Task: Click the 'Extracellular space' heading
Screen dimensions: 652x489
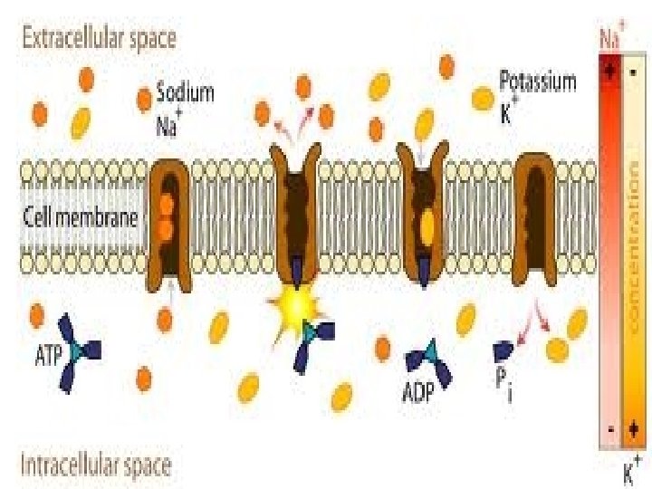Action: click(99, 38)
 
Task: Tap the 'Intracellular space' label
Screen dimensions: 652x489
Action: click(96, 465)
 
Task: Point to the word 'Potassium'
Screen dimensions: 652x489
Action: click(538, 82)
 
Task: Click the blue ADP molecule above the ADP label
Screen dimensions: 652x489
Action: click(427, 361)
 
